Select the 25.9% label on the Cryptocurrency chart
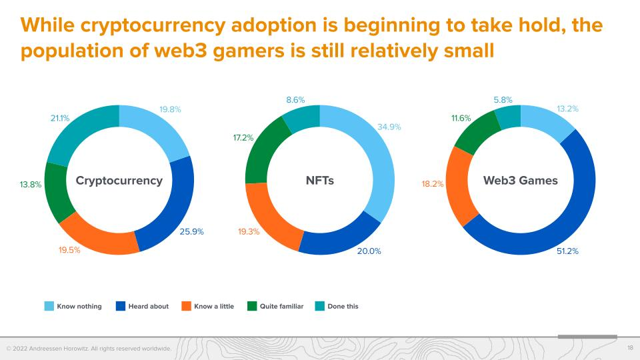tap(191, 232)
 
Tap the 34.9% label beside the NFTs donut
tap(389, 127)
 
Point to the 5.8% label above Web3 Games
tap(503, 99)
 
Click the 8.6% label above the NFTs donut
tap(295, 99)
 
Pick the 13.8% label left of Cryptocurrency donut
tap(30, 185)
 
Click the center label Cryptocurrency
tap(119, 181)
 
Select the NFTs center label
tap(319, 181)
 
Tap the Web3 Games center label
tap(520, 181)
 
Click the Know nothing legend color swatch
tap(49, 306)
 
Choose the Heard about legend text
tap(149, 307)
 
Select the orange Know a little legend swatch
tap(186, 306)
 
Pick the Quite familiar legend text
tap(281, 307)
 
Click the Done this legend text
tap(343, 307)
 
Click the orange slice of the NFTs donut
tap(267, 213)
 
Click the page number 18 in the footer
tap(630, 349)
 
